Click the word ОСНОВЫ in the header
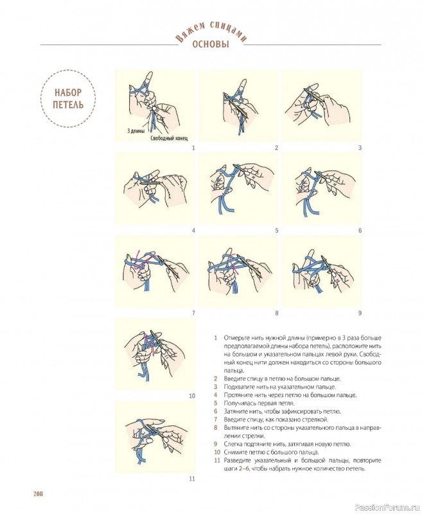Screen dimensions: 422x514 click(211, 44)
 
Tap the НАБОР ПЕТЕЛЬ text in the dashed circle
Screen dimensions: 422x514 click(68, 99)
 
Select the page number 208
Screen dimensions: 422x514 click(38, 493)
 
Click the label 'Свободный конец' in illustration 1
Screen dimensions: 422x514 click(169, 138)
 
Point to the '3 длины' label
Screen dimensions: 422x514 click(136, 132)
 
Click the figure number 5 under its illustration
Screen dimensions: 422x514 click(277, 231)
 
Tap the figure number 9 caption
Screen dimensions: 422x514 click(360, 313)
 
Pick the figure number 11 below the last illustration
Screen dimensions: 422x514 click(192, 479)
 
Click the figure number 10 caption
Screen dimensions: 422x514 click(192, 396)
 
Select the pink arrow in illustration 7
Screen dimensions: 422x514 click(141, 259)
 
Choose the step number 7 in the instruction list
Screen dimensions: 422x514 click(216, 420)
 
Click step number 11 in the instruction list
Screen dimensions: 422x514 click(216, 460)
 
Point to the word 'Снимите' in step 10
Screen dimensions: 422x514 click(234, 452)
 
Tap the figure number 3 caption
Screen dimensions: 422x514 click(360, 148)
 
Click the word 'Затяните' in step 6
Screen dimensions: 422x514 click(234, 411)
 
